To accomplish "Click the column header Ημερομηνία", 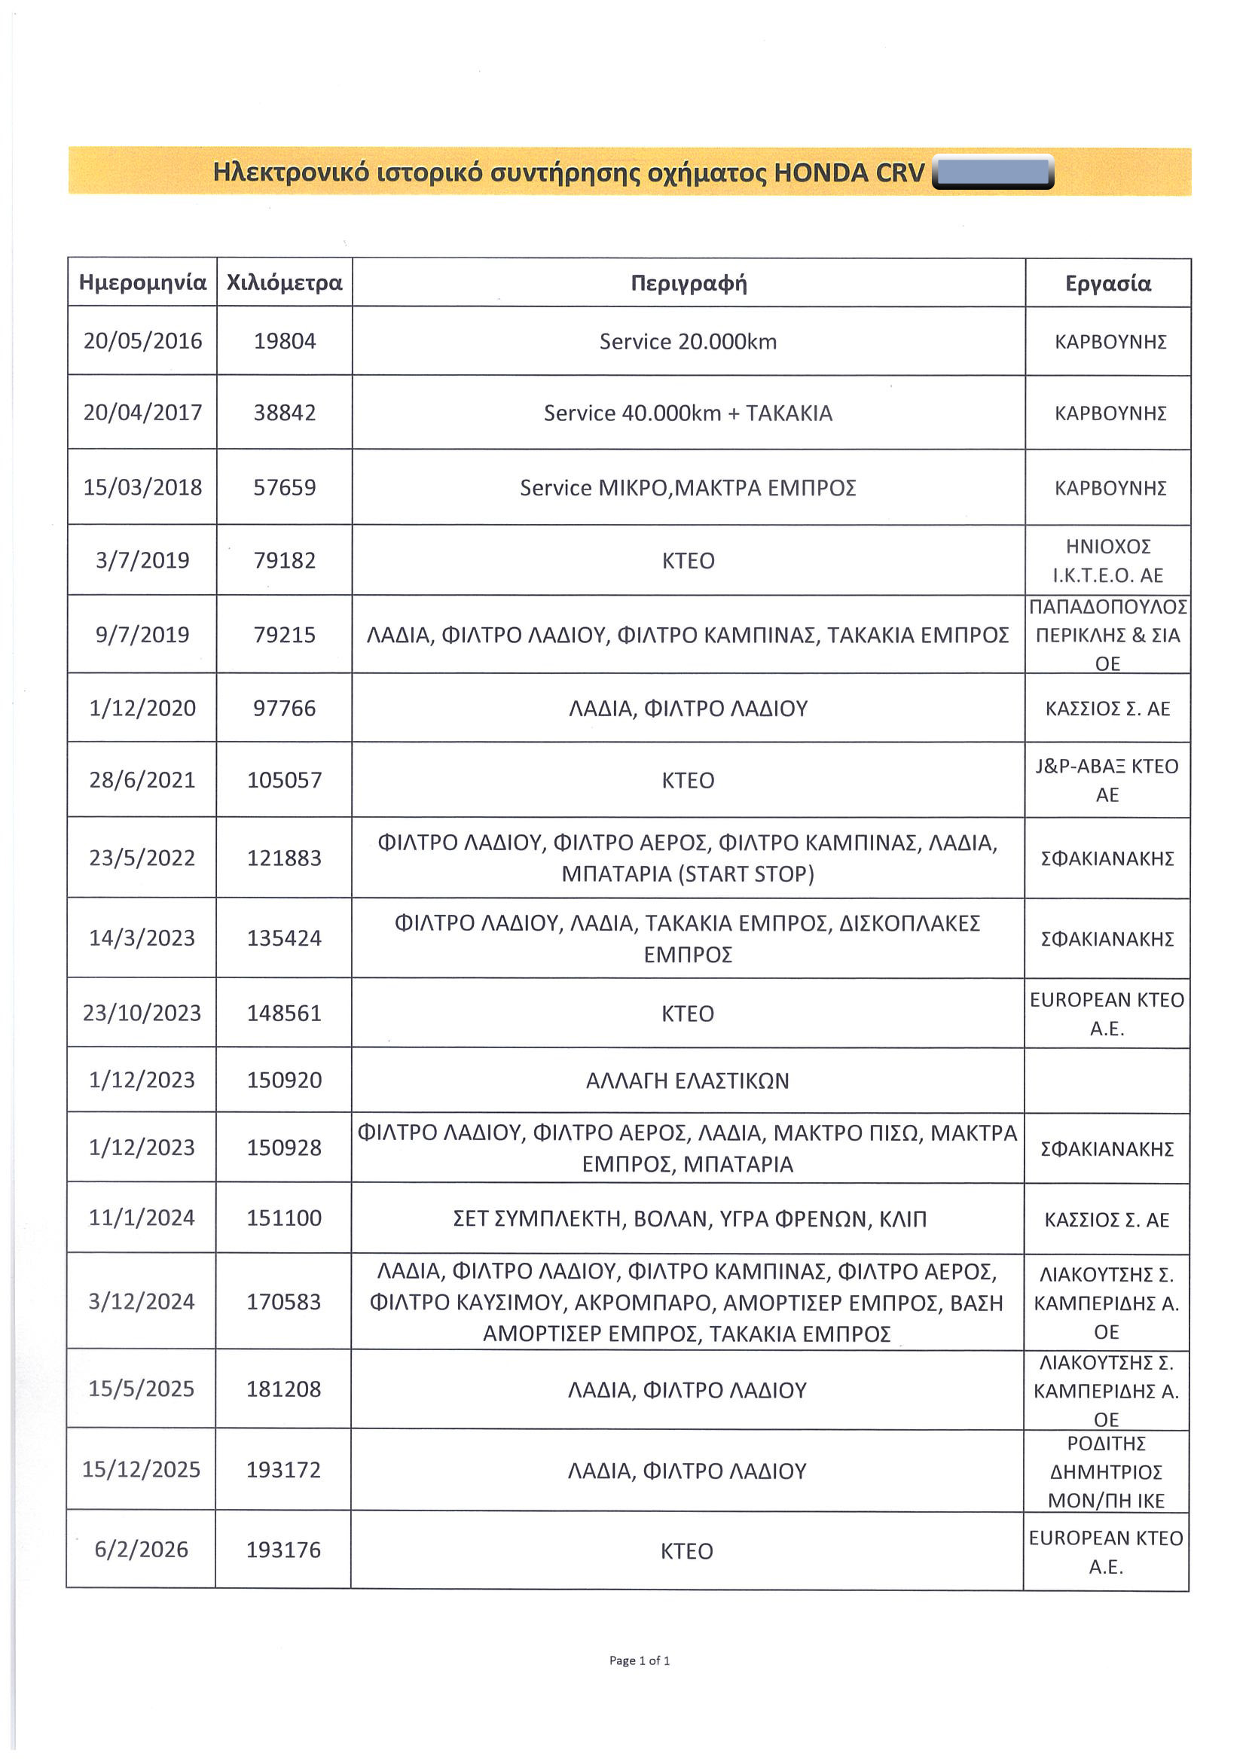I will click(x=143, y=282).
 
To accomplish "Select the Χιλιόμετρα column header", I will click(x=284, y=282).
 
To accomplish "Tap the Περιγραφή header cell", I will click(x=689, y=283).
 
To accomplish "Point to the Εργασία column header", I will click(x=1108, y=283).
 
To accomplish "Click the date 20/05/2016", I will click(x=143, y=341).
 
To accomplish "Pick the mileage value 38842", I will click(x=285, y=413).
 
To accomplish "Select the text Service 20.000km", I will click(x=688, y=342).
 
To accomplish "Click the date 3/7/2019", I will click(x=142, y=560).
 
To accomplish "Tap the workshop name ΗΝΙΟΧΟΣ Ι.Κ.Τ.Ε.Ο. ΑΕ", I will click(x=1108, y=560).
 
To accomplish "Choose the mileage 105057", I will click(x=284, y=780).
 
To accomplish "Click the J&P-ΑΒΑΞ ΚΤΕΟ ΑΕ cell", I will click(x=1107, y=779).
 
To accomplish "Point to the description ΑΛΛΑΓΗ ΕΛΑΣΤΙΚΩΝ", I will click(x=687, y=1081).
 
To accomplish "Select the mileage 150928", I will click(x=284, y=1148).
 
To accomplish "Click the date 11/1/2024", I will click(x=142, y=1218).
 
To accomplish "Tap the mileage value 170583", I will click(x=283, y=1302).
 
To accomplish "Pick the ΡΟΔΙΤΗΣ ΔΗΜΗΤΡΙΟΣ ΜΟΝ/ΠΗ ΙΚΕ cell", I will click(x=1107, y=1472).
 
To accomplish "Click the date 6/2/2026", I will click(x=142, y=1550).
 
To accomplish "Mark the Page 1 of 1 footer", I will click(x=640, y=1660).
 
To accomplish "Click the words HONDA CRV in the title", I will click(x=849, y=172).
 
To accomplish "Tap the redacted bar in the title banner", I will click(x=993, y=172).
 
